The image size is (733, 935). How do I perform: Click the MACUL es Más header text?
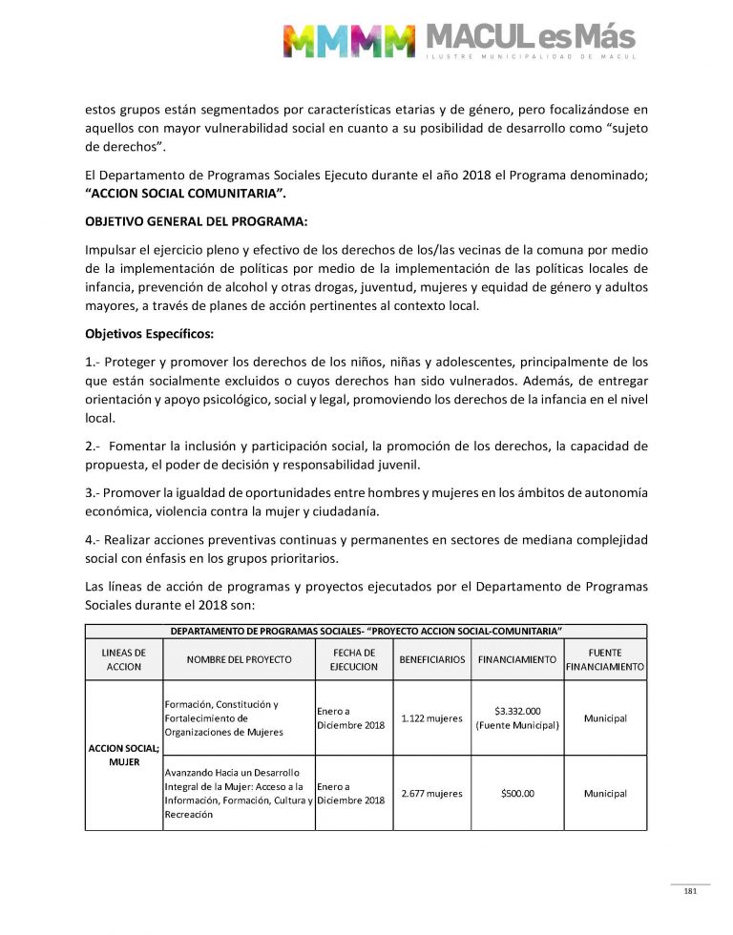tap(529, 38)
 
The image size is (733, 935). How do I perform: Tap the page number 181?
tap(690, 891)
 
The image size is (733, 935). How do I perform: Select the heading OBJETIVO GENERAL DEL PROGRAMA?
tap(196, 221)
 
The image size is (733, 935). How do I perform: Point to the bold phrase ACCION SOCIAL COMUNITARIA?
tap(185, 194)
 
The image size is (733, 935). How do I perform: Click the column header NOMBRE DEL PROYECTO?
tap(239, 659)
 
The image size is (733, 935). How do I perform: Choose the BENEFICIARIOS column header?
tap(432, 659)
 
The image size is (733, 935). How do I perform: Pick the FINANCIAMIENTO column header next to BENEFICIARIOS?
tap(516, 659)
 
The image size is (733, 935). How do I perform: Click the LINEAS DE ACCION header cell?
tap(123, 659)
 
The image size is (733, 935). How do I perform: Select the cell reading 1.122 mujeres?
tap(432, 718)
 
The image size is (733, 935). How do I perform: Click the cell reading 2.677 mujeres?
tap(432, 793)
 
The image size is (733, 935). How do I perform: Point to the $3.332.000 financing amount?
tap(518, 711)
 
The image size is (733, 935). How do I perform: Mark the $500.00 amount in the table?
tap(517, 793)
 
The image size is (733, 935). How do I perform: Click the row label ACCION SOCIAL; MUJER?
tap(123, 755)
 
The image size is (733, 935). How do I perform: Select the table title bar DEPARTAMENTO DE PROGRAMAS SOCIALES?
tap(366, 631)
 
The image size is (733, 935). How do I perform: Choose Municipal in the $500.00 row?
tap(605, 793)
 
